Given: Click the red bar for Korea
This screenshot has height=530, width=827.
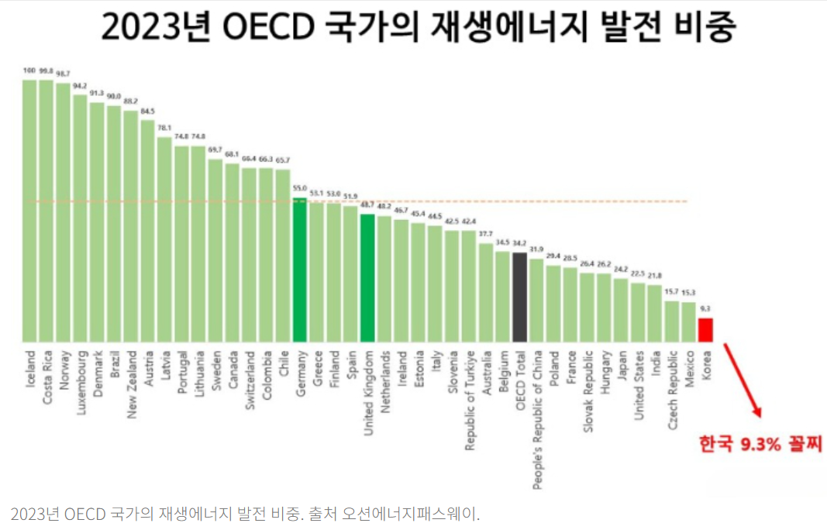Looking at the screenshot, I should pos(705,329).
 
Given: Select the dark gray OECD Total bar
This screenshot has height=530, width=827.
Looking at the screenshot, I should pos(519,297).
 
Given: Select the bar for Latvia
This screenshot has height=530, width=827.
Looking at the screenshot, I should pos(165,239).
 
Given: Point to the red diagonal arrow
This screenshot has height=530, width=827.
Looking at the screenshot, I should pos(743,380).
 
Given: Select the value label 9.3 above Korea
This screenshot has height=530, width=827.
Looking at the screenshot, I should pos(705,308).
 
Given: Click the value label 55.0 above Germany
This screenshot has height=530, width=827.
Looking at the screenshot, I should pos(300,188).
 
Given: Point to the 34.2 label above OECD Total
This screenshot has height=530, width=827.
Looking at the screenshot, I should pos(519,243).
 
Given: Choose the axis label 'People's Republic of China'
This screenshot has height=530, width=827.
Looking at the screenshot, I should pos(536,419).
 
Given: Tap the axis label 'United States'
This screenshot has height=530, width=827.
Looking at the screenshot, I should pos(639,385).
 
